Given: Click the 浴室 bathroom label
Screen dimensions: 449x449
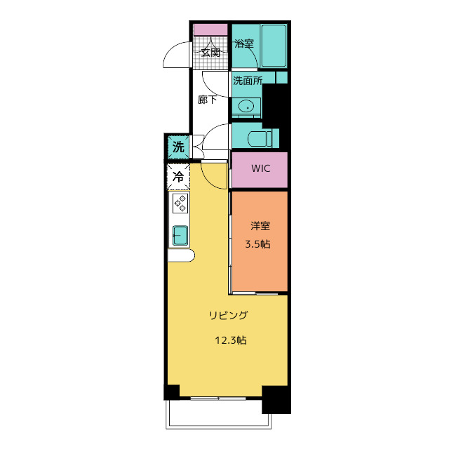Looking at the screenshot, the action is coord(244,43).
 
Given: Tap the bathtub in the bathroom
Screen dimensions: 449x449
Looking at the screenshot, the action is coord(274,46).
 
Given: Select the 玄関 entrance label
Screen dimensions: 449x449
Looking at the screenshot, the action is coord(210,53).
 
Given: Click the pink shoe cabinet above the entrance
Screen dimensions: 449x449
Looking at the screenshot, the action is coord(210,29).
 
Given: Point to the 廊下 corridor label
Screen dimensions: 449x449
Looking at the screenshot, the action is coord(207,100).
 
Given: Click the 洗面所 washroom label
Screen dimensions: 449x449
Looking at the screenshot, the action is coord(248,81).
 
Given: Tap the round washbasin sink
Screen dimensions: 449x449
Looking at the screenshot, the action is coord(246,107).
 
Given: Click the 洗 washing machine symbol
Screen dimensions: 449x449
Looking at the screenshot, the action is coord(178,147).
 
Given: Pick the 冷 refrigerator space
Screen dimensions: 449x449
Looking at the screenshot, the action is coord(178,177).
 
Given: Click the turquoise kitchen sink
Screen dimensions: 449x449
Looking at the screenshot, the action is coord(180,236).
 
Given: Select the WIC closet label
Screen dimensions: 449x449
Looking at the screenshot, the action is coord(260,168).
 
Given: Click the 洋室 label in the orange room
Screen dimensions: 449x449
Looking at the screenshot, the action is coord(260,226).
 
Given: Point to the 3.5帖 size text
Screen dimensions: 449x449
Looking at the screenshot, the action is coord(257,244).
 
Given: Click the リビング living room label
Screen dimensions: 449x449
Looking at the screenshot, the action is coord(228,315).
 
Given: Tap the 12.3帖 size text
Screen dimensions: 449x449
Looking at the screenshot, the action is coord(231,340).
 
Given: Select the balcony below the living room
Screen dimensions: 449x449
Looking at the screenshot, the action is coord(218,413).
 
